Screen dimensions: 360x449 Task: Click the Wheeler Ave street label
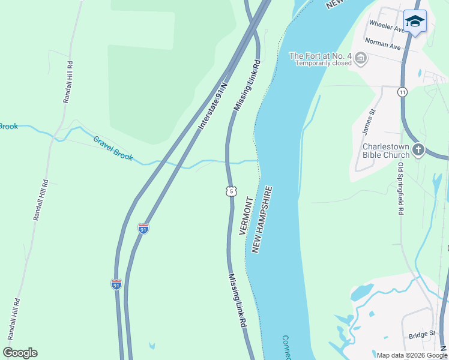[x=387, y=25]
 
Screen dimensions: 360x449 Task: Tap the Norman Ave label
[x=385, y=46]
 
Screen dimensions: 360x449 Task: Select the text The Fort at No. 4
[x=320, y=56]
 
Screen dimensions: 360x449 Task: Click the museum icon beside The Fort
[x=361, y=58]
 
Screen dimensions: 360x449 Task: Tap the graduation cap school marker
[x=415, y=22]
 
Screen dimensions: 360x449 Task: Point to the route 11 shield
[x=402, y=92]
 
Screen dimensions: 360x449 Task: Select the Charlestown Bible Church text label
[x=386, y=150]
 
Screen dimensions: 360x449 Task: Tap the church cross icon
[x=418, y=149]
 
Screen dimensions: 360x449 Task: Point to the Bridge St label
[x=422, y=334]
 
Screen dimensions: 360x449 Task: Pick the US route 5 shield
[x=231, y=191]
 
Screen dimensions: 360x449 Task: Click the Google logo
[x=20, y=353]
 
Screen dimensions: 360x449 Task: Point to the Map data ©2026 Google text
[x=412, y=355]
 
